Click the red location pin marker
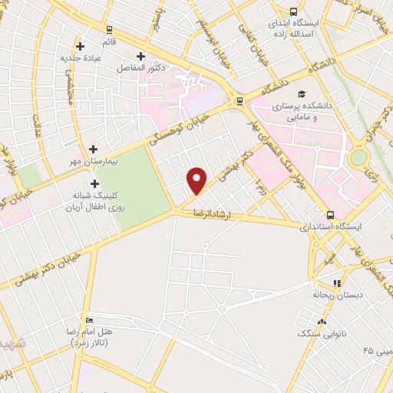coord(197,180)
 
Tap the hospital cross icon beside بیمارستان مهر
coord(94,149)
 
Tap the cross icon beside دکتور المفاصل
coord(140,56)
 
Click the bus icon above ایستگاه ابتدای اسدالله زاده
coord(294,12)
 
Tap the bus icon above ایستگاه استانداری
coord(330,215)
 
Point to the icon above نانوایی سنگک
coord(322,322)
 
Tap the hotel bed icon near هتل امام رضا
coord(90,320)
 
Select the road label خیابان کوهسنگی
coord(170,132)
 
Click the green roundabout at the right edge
coord(358,159)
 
